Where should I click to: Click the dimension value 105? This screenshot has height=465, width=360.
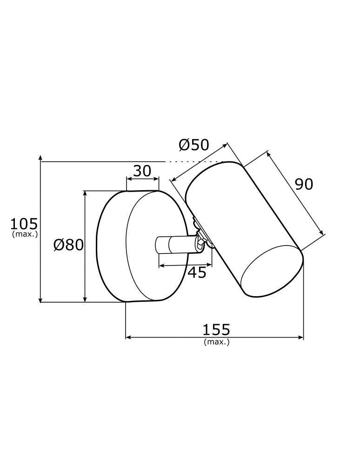24,224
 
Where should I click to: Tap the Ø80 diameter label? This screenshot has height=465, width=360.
68,245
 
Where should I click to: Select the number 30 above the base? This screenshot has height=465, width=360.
142,171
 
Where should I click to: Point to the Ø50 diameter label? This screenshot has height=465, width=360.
194,145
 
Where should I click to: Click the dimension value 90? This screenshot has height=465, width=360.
304,185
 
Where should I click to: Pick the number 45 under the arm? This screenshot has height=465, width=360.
197,272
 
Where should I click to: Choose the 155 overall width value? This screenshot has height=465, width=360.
216,330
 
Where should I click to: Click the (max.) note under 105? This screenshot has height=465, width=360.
24,234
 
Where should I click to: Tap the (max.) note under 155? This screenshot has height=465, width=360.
216,342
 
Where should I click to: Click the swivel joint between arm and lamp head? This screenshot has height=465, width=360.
201,240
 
